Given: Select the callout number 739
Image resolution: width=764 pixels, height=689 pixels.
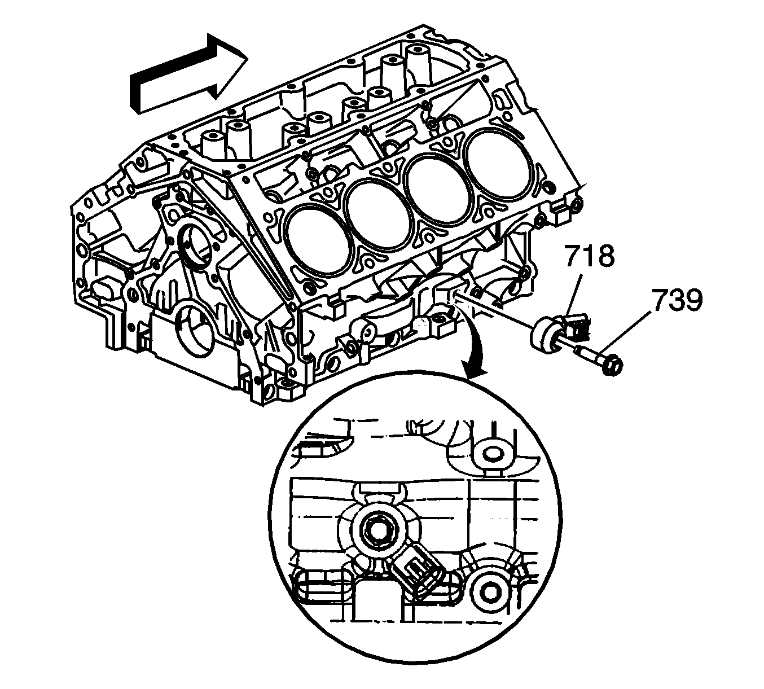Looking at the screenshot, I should [677, 301].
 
